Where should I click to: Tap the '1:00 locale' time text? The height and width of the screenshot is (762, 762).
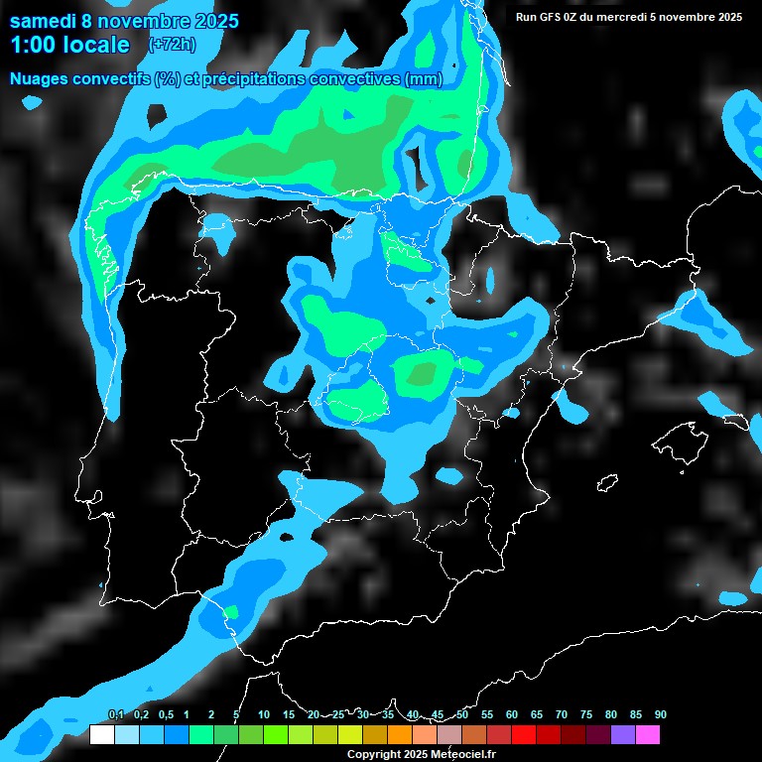coord(69,45)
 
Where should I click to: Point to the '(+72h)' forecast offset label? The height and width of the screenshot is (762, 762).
coord(171,45)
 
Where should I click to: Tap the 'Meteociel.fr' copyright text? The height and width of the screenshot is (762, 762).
coord(461,755)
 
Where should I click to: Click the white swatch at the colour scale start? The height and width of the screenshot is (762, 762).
coord(101,734)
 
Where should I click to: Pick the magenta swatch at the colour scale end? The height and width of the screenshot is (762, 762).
coord(648,734)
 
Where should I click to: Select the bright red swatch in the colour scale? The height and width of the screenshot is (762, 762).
coord(524,734)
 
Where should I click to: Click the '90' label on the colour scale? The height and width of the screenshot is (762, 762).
coord(661,714)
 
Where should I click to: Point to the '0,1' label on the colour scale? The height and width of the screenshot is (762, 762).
coord(115,714)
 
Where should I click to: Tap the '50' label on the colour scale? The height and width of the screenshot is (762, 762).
coord(462,714)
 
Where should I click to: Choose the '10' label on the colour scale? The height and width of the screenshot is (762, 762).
coord(264,714)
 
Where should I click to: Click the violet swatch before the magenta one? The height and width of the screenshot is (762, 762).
coord(623,734)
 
